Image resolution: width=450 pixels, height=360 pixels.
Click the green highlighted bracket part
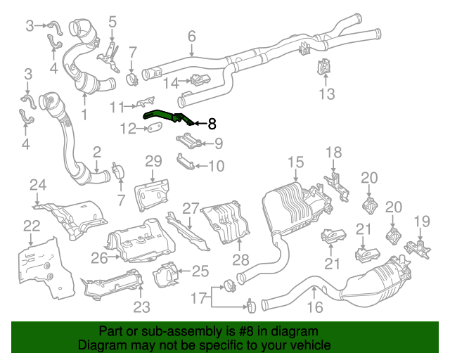(x=166, y=115)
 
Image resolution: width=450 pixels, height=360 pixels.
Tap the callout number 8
(x=212, y=124)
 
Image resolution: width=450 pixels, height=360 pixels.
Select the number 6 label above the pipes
(x=191, y=37)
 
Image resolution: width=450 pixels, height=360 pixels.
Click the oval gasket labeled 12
(x=153, y=129)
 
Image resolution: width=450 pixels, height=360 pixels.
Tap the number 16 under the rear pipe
(x=314, y=307)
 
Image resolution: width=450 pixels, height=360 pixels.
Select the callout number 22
(x=32, y=226)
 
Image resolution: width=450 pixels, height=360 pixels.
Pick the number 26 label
(x=98, y=258)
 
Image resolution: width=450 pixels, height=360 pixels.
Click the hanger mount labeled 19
(x=420, y=247)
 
